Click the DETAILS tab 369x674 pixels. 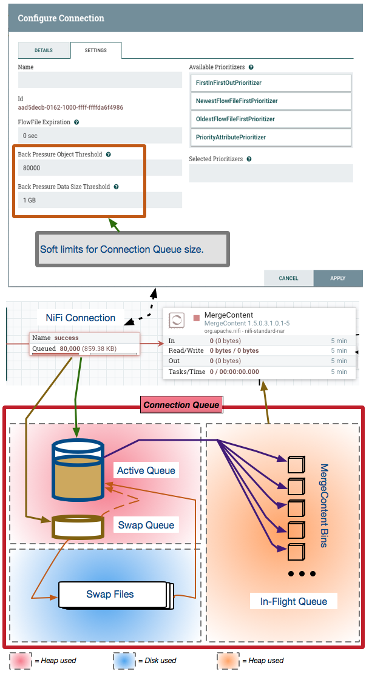coord(43,50)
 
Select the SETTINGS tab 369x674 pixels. coord(96,50)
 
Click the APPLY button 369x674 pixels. coord(337,278)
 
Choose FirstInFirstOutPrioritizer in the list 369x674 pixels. coord(270,82)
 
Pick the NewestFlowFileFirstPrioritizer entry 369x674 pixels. coord(270,101)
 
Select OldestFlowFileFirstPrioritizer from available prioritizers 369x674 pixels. coord(270,119)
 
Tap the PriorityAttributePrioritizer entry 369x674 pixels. coord(270,137)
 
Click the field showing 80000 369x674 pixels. coord(100,167)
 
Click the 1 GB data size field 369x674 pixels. coord(100,200)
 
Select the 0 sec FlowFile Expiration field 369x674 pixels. coord(100,135)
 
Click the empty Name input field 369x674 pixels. coord(100,80)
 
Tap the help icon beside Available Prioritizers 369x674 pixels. coord(251,67)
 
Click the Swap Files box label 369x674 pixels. coord(110,594)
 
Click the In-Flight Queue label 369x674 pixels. coord(293,601)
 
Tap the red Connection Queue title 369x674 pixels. coord(181,405)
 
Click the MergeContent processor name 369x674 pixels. coord(228,315)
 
